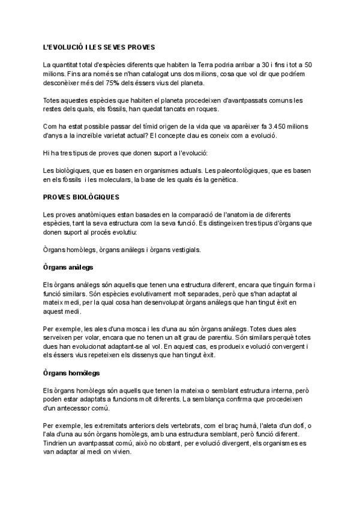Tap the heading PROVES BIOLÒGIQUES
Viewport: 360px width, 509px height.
click(x=81, y=197)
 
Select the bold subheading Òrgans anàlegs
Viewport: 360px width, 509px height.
click(x=68, y=266)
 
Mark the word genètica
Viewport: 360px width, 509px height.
click(x=221, y=179)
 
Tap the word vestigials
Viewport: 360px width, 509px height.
click(x=184, y=249)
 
